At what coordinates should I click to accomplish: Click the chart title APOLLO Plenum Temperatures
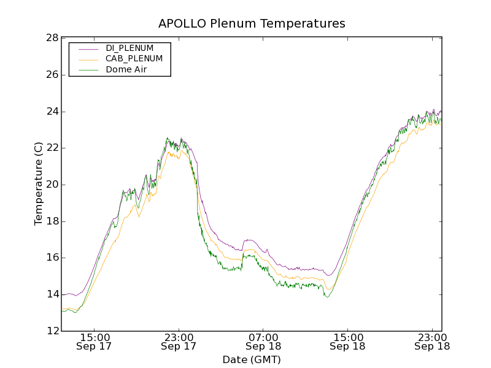click(x=252, y=24)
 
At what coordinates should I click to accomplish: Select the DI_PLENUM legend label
click(x=130, y=48)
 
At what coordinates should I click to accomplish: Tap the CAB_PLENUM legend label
click(x=134, y=59)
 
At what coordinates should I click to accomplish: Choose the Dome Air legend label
click(x=126, y=70)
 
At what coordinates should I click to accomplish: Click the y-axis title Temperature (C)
click(x=39, y=183)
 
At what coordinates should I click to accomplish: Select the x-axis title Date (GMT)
click(x=252, y=359)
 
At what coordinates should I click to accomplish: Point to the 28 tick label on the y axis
click(x=52, y=38)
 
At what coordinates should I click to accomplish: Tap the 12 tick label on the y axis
click(x=52, y=331)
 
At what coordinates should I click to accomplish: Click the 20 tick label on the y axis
click(x=52, y=185)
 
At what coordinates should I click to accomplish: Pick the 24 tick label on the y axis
click(x=52, y=112)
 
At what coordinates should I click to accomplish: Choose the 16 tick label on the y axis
click(x=52, y=258)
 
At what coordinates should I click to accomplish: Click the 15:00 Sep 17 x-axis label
click(x=95, y=342)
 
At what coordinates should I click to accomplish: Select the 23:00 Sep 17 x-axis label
click(x=179, y=342)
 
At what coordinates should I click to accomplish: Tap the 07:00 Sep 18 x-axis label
click(x=263, y=342)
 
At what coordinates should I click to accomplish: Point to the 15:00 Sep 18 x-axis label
click(x=347, y=342)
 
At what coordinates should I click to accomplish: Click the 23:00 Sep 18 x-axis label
click(x=431, y=342)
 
